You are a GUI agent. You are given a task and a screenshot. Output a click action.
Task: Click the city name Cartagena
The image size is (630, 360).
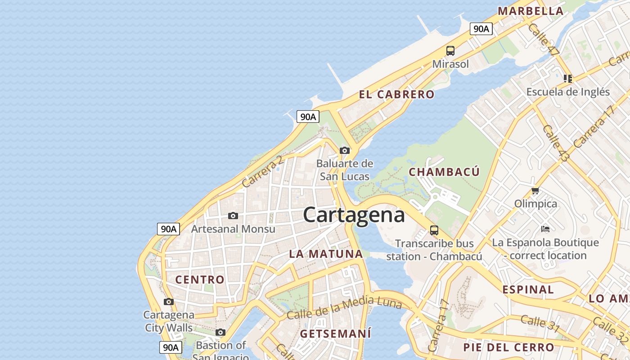(354, 215)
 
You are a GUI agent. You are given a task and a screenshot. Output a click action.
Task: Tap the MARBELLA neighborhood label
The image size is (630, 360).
(530, 11)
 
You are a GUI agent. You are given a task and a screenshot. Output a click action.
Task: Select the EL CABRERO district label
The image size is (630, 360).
(396, 94)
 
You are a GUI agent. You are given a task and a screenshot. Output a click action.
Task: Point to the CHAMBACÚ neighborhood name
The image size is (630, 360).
(444, 172)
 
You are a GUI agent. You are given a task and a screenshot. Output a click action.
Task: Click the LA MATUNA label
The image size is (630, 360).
(326, 254)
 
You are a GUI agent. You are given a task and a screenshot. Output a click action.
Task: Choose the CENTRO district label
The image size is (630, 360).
(200, 279)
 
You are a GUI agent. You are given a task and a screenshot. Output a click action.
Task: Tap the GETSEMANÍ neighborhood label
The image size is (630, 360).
(336, 334)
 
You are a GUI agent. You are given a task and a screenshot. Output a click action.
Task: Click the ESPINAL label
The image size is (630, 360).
(528, 290)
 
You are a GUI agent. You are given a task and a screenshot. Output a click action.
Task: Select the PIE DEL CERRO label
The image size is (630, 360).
(508, 347)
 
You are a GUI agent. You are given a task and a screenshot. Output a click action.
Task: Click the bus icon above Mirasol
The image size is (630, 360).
(450, 51)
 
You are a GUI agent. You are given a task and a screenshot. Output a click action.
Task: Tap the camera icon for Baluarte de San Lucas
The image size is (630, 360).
(345, 150)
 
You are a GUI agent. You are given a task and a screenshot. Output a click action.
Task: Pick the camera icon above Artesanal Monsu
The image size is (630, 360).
(233, 216)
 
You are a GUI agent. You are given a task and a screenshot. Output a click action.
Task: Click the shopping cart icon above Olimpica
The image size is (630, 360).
(535, 191)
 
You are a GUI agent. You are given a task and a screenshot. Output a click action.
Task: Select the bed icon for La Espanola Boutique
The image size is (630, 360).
(545, 229)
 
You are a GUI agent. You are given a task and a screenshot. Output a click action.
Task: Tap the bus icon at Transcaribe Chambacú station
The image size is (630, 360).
(434, 230)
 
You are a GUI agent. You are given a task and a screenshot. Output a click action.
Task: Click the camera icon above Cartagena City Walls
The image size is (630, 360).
(169, 301)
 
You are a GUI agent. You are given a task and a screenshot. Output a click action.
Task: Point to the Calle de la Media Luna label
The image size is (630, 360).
(344, 308)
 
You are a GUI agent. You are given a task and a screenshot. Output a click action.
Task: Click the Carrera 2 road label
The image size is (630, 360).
(263, 171)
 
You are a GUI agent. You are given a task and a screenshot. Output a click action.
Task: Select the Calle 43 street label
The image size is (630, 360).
(556, 144)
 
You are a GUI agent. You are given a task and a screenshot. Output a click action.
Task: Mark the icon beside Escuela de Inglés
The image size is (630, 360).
(568, 79)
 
